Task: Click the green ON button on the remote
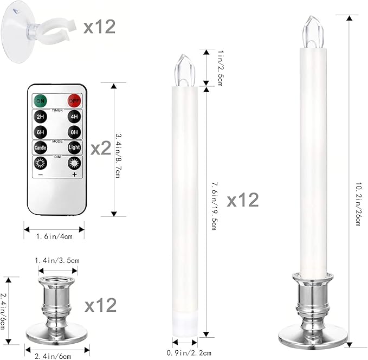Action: coord(40,100)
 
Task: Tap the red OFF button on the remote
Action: coord(74,100)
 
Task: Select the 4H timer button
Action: coord(74,117)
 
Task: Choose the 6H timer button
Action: coord(40,132)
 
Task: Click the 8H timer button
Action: coord(74,132)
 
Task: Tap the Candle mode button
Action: coord(40,147)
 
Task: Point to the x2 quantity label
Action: coord(100,148)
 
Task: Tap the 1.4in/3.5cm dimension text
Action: coord(56,261)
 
